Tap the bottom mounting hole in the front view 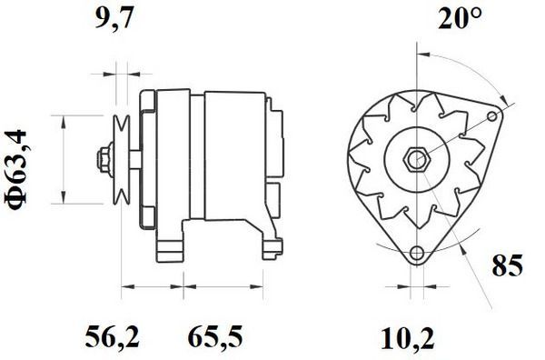[417, 254]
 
